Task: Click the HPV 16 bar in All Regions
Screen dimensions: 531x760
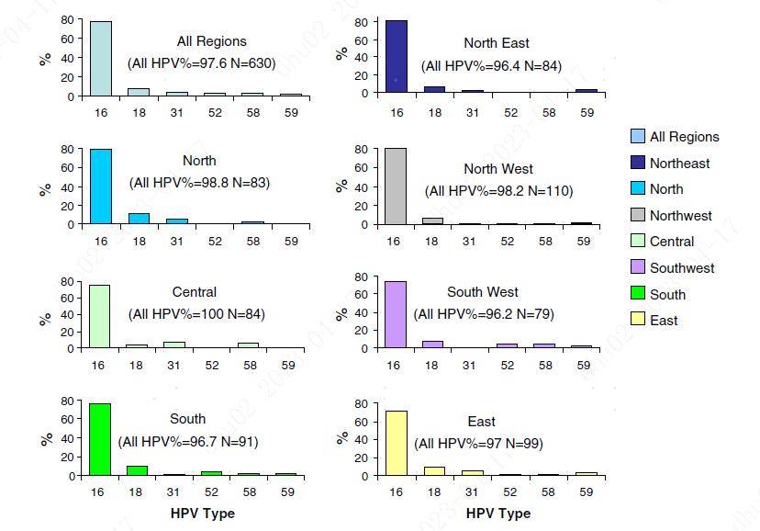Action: click(x=101, y=59)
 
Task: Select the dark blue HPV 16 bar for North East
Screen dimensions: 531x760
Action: click(x=396, y=57)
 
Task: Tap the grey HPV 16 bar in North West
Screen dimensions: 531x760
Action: click(x=396, y=186)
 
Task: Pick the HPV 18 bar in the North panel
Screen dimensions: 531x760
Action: click(x=139, y=219)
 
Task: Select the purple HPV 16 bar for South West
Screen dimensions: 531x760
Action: click(x=396, y=315)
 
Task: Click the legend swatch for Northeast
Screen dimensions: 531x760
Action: click(x=638, y=164)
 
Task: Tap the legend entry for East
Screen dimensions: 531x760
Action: click(x=664, y=321)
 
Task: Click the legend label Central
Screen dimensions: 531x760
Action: click(x=672, y=242)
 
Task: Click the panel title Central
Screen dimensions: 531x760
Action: click(x=195, y=292)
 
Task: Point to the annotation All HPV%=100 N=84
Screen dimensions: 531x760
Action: click(x=197, y=314)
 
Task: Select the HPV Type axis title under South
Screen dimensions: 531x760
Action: click(x=203, y=514)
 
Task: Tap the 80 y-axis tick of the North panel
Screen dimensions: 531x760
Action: click(x=68, y=149)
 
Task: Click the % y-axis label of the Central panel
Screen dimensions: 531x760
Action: click(x=45, y=318)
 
